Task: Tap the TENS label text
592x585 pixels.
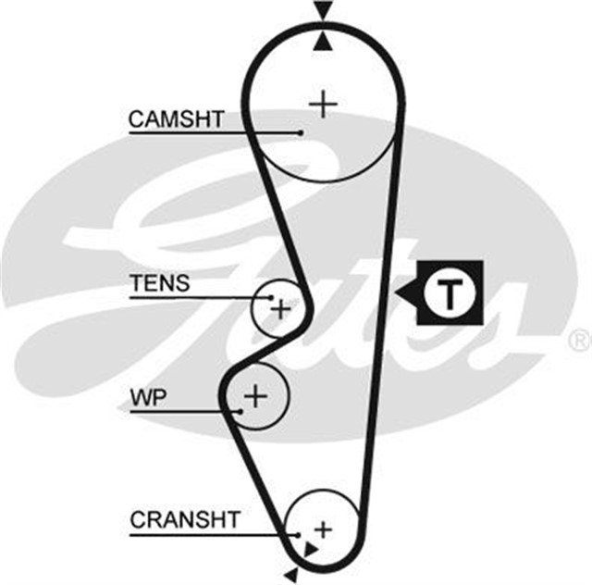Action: [x=159, y=283]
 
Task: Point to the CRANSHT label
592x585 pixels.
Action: [x=185, y=519]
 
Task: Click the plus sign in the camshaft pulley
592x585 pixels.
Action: [x=323, y=103]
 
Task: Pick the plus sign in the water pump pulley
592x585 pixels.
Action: [x=255, y=397]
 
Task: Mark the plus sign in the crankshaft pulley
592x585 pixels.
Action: [x=322, y=529]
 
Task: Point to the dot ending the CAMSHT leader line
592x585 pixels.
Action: [x=302, y=132]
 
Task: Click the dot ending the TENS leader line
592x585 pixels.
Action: [x=272, y=298]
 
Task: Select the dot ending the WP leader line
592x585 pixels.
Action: [x=241, y=409]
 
